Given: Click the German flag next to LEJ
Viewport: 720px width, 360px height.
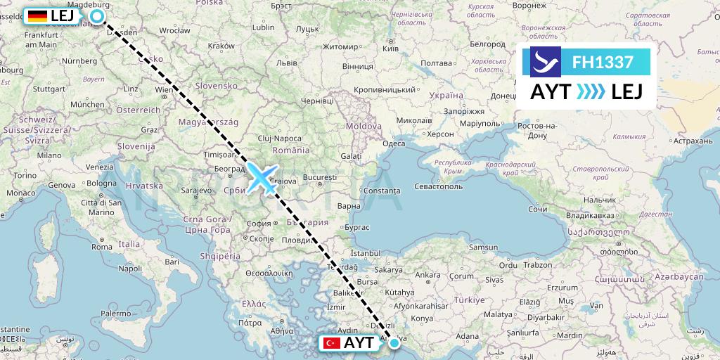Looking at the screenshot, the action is tap(37, 15).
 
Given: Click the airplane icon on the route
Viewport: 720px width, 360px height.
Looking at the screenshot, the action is tap(262, 177).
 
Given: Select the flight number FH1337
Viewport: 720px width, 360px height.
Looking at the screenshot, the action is tap(603, 63).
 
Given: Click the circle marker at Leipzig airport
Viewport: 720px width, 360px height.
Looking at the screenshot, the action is tap(98, 15).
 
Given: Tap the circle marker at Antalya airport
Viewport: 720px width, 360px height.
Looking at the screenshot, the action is tap(394, 343).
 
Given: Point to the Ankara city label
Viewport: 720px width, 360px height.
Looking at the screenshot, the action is tap(428, 274).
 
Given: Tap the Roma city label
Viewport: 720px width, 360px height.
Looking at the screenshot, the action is tap(101, 247).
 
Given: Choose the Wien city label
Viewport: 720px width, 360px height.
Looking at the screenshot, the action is tap(164, 90).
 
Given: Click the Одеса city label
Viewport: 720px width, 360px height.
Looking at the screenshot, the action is tap(394, 143).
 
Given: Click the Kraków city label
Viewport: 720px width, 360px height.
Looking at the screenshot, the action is tap(221, 46).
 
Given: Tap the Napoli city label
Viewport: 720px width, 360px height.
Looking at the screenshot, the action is tap(131, 269).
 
